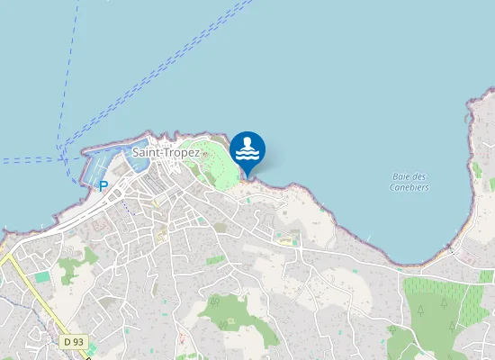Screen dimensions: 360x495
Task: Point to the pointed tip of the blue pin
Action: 247,176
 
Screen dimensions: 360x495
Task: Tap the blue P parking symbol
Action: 103,185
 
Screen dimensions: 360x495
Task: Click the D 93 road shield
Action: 74,342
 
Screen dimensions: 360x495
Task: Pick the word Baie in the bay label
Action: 402,176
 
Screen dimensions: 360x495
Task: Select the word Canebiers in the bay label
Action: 409,187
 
